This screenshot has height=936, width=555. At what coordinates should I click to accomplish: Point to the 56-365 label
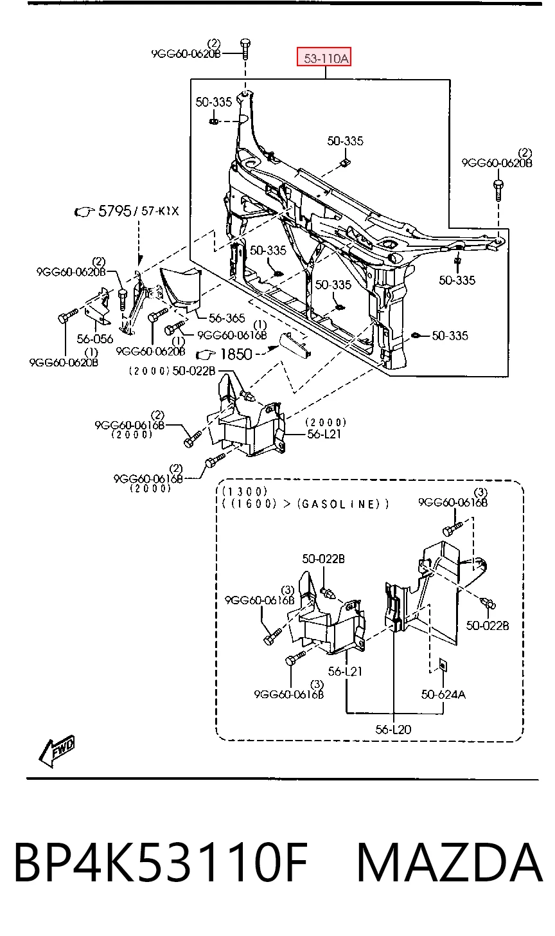(x=227, y=318)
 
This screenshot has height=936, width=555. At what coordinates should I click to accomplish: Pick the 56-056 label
(x=95, y=338)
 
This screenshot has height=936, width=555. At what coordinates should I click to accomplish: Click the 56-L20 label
(x=393, y=730)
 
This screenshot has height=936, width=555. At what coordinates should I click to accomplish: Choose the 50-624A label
(x=443, y=694)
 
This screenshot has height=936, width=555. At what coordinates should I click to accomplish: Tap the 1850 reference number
(x=236, y=354)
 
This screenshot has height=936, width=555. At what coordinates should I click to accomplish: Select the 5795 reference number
(x=115, y=211)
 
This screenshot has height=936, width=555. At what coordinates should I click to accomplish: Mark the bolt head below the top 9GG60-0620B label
(x=245, y=43)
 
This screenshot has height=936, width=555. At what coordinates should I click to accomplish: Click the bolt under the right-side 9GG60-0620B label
(x=498, y=190)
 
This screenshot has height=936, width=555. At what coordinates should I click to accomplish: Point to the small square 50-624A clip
(x=442, y=664)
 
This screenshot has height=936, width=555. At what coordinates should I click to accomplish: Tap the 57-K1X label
(x=160, y=211)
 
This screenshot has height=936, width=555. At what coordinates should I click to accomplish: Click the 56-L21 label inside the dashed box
(x=345, y=672)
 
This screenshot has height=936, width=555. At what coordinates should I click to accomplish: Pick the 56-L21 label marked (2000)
(x=324, y=434)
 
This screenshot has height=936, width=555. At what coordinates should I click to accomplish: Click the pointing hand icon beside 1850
(x=206, y=355)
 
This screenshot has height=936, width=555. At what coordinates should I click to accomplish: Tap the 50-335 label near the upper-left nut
(x=214, y=102)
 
